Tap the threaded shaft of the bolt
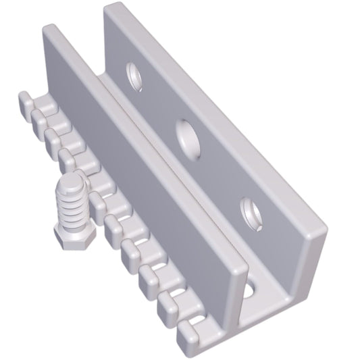coord(70,205)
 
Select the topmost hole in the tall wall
coord(136,76)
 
